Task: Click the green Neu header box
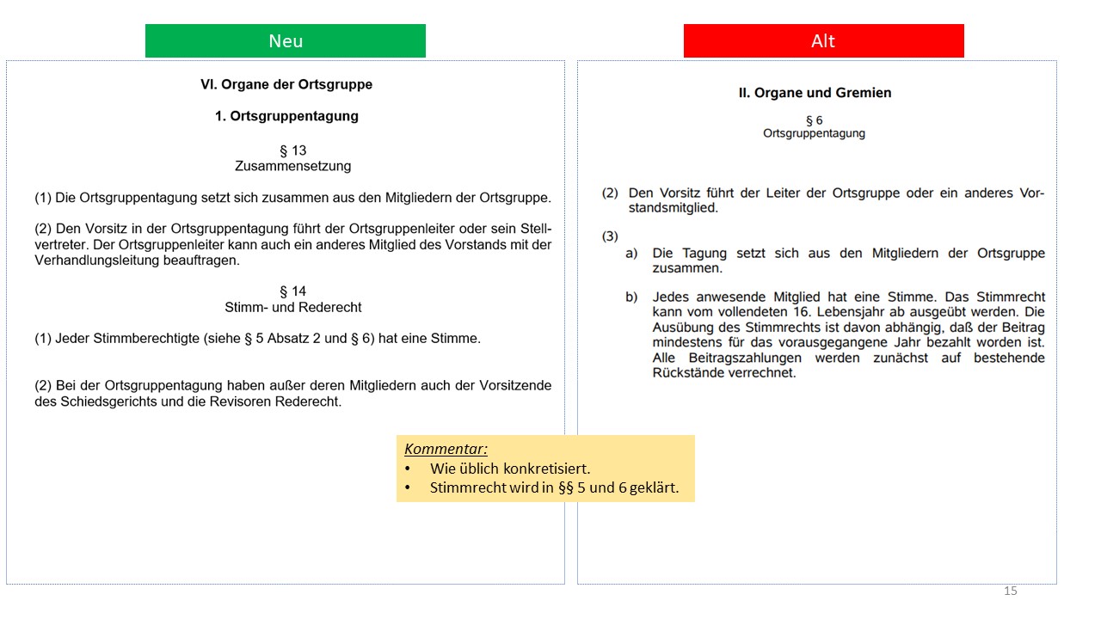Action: point(285,41)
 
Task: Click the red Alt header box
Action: point(823,41)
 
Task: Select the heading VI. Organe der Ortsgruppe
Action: point(286,84)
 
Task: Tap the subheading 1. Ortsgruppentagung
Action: point(286,116)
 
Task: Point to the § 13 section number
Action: point(292,150)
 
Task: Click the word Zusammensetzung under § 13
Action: point(292,166)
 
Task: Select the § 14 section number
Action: point(292,291)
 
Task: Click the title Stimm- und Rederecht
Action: point(292,307)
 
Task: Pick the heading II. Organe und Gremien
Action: point(815,93)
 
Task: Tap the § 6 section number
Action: point(814,120)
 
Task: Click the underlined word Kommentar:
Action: point(446,449)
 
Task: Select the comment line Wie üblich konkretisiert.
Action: point(509,469)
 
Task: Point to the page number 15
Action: point(1010,591)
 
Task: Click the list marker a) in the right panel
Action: point(631,254)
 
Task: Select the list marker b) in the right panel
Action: point(631,297)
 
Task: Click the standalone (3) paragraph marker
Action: point(610,236)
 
